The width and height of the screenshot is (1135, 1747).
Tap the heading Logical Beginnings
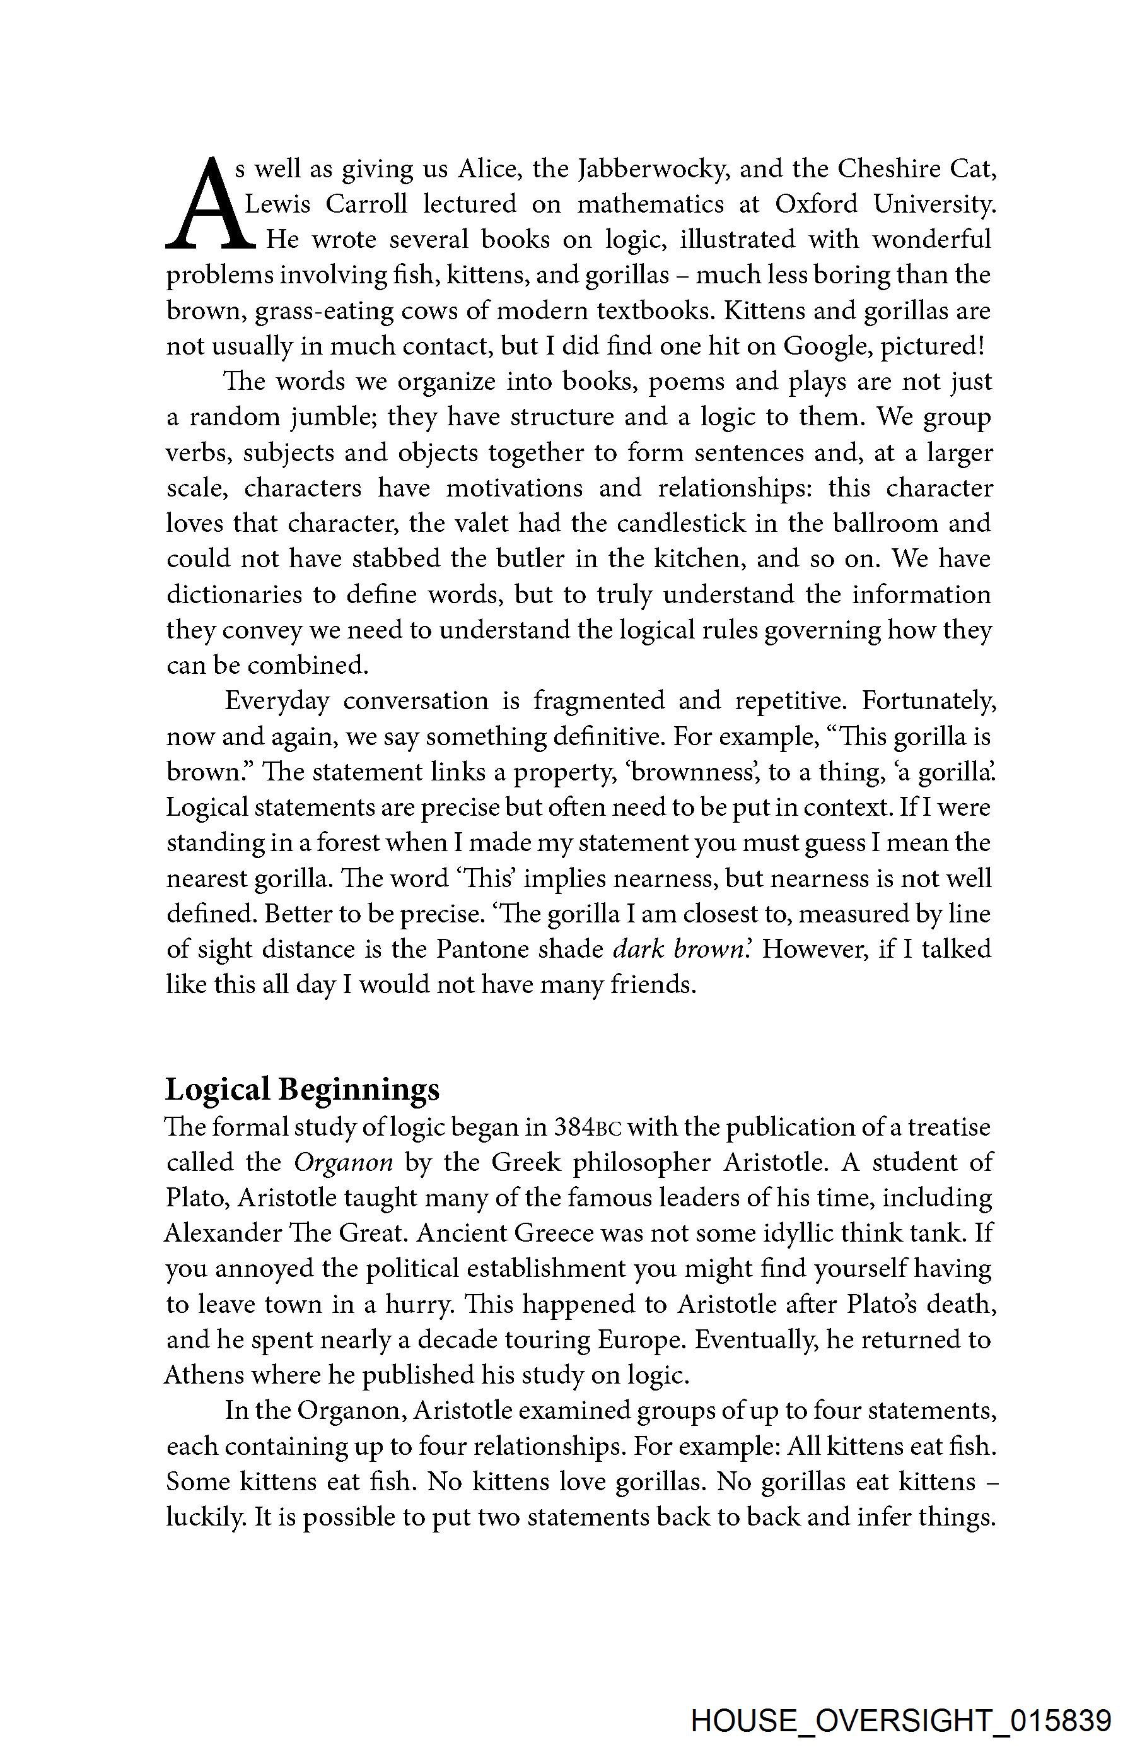coord(302,1088)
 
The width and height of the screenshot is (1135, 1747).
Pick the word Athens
coord(202,1375)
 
